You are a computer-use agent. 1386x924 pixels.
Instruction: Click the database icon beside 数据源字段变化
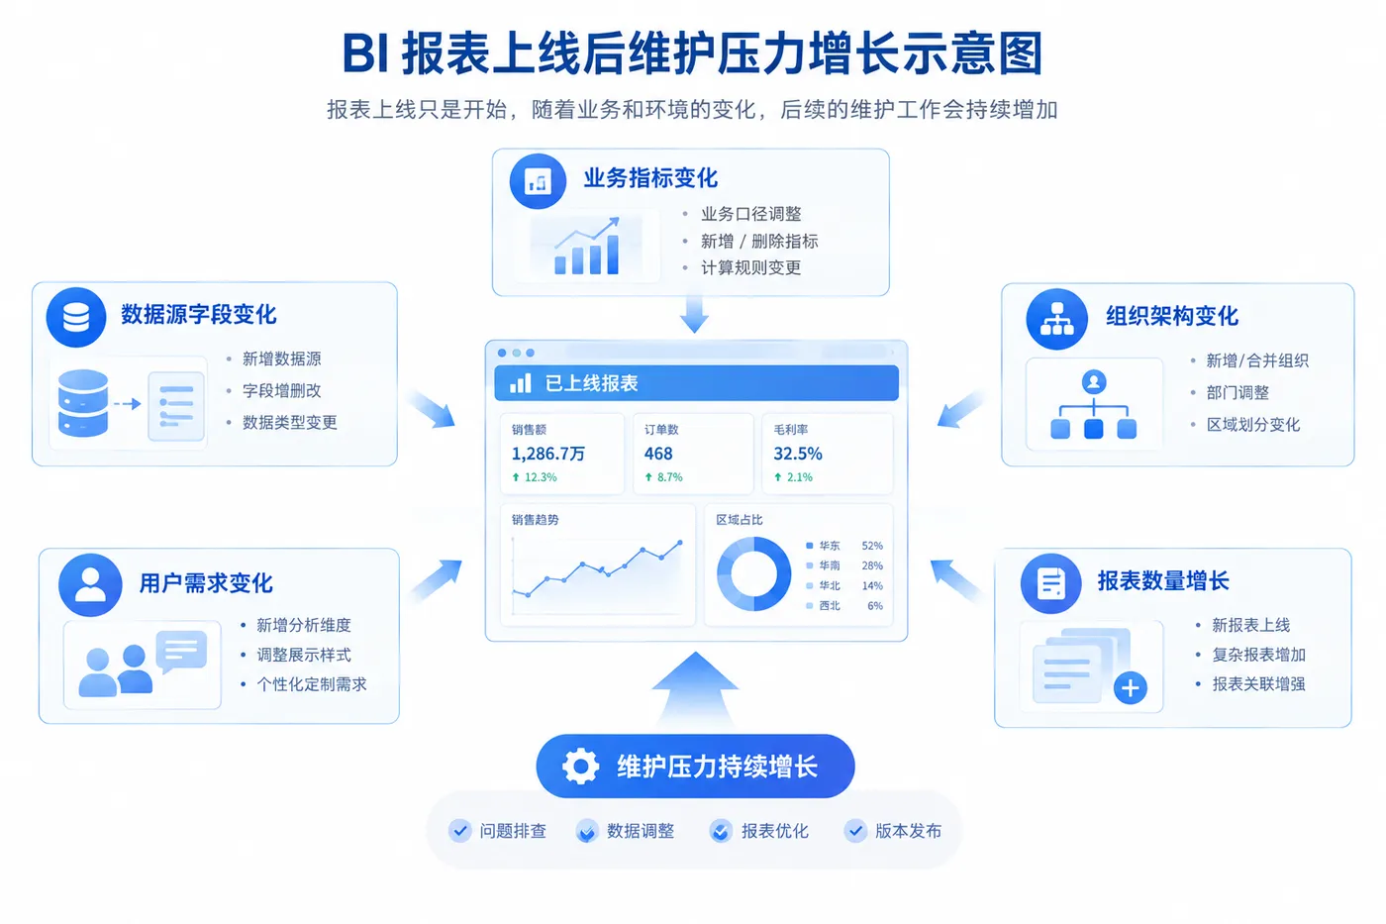76,317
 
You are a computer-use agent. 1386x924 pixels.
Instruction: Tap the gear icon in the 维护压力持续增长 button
580,767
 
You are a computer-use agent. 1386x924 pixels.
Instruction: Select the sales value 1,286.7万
548,454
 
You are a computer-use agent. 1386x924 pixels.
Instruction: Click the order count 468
658,454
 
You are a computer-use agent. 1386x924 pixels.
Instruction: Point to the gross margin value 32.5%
798,454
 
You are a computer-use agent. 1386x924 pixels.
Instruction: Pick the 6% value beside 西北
875,605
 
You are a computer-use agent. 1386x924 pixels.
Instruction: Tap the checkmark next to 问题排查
459,831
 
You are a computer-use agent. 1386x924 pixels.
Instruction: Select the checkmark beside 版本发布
855,831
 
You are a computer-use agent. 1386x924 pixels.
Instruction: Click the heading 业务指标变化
650,178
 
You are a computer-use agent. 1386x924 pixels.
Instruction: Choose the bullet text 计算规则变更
751,267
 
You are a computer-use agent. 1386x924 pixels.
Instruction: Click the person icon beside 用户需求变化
90,584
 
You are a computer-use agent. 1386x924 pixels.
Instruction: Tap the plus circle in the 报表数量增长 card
1131,687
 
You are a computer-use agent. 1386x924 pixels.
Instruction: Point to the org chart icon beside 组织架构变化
1057,319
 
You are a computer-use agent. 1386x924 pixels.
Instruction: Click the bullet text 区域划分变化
1253,425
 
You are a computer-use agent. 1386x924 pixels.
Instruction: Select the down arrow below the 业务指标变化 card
694,314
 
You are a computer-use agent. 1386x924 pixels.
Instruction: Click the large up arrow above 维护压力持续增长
695,688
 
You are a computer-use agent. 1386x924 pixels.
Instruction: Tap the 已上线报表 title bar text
591,383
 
